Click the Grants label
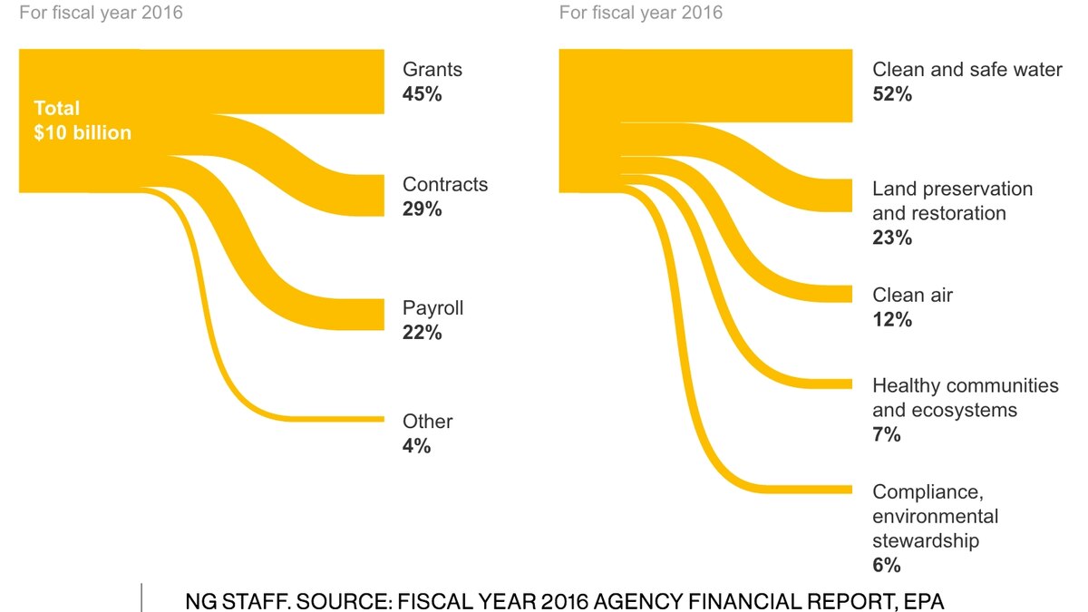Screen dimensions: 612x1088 pos(432,70)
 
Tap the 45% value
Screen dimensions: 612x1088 pos(423,94)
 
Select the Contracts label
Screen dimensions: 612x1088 pos(445,185)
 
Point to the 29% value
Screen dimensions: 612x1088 pos(423,209)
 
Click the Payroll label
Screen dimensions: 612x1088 pos(433,308)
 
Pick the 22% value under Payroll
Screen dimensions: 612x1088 pos(423,333)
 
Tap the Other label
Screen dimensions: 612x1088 pos(428,422)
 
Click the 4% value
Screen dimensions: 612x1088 pos(417,446)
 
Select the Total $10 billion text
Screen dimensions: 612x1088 pos(83,121)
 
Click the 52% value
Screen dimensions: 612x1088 pos(892,94)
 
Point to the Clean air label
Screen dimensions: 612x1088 pos(913,296)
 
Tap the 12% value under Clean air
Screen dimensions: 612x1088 pos(892,320)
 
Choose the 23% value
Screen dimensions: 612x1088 pos(892,238)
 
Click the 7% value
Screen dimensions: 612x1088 pos(887,434)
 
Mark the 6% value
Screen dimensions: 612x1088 pos(887,565)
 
